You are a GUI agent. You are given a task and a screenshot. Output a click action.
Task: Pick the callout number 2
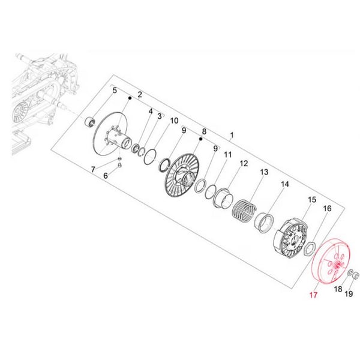[x=139, y=94]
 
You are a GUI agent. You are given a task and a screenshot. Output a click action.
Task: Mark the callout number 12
[x=244, y=163]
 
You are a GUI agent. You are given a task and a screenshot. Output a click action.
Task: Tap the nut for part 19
[x=354, y=275]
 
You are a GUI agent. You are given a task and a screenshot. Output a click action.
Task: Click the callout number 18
[x=338, y=289]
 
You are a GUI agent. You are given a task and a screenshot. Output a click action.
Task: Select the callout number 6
[x=106, y=176]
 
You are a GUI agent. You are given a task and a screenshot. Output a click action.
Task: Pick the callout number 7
[x=93, y=170]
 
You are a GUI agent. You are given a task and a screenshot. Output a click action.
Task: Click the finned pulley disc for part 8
[x=180, y=175]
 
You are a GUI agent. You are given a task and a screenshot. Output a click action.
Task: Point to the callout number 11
[x=227, y=155]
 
